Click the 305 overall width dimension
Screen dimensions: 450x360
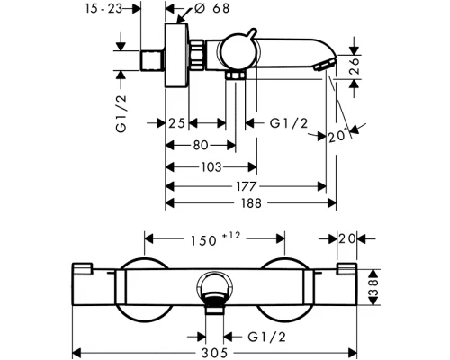(x=214, y=353)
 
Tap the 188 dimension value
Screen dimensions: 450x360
(x=251, y=203)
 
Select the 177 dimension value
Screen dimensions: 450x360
(x=247, y=186)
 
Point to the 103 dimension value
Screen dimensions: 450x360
(x=211, y=167)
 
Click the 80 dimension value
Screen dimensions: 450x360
(x=201, y=146)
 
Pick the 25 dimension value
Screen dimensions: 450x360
(x=176, y=123)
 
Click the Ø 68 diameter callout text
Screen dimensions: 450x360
(x=211, y=8)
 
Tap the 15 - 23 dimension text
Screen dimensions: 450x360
(x=103, y=8)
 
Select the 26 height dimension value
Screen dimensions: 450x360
(x=355, y=66)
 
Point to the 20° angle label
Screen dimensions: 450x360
(x=338, y=137)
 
